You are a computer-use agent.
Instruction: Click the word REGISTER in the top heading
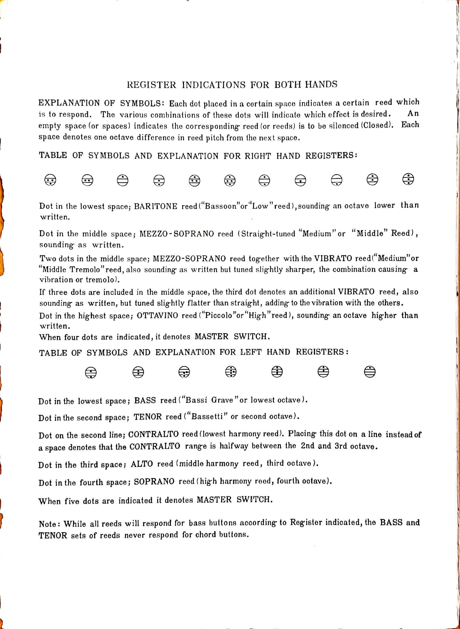151,85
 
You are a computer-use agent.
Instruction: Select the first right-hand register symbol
50,180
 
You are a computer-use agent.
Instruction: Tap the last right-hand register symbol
408,179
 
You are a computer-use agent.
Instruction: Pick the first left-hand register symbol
91,372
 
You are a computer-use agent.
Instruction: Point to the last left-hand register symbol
370,372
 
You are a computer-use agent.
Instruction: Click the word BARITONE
155,206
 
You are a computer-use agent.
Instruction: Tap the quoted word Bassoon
222,206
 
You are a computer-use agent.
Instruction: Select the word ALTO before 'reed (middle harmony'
142,464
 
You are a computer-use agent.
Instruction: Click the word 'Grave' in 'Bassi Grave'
222,400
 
